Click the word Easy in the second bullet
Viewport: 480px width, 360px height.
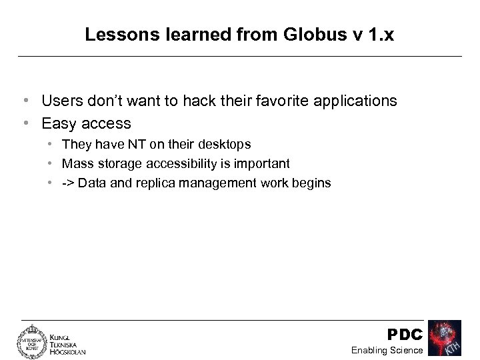click(x=57, y=123)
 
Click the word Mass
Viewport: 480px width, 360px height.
click(x=77, y=164)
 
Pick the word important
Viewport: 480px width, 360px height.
click(x=265, y=164)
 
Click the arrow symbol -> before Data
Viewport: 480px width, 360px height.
click(x=68, y=183)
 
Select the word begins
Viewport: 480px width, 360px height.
click(x=313, y=183)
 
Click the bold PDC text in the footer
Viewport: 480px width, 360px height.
click(x=405, y=333)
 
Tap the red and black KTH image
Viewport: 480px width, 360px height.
click(x=445, y=339)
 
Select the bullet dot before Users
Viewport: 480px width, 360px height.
click(x=25, y=101)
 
